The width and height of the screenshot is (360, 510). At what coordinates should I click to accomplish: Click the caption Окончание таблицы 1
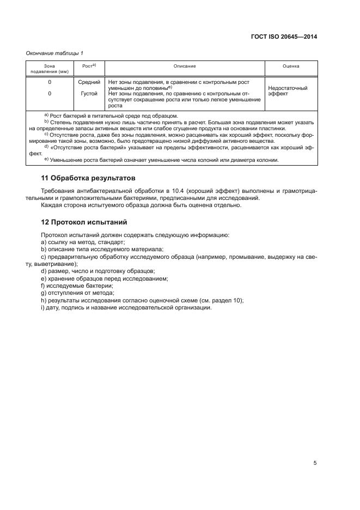(x=54, y=53)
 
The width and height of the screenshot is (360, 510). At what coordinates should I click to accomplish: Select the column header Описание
(x=185, y=66)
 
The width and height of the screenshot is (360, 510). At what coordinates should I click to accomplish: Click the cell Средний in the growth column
(x=89, y=82)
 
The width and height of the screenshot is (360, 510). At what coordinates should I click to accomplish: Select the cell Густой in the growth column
(x=89, y=93)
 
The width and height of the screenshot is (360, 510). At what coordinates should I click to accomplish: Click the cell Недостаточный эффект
(x=288, y=90)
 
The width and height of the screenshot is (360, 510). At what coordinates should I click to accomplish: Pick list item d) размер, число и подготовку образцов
(x=98, y=271)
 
